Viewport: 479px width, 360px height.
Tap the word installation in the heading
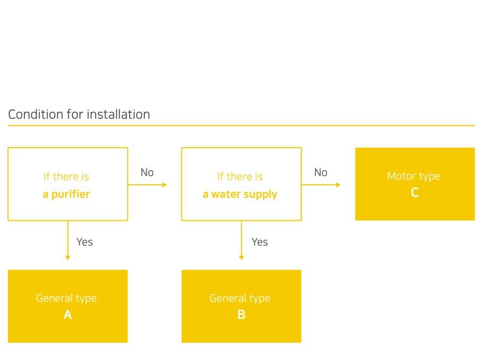point(118,114)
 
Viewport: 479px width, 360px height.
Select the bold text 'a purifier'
point(66,194)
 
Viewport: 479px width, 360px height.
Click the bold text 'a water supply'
point(240,194)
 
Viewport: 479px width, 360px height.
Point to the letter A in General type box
point(67,314)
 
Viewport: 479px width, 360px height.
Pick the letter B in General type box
point(241,314)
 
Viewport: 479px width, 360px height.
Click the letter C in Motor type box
point(414,192)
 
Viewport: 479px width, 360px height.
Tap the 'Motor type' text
point(414,176)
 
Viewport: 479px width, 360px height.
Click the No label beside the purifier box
point(147,173)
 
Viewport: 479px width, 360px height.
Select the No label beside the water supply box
point(321,173)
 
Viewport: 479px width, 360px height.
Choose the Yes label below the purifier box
point(85,242)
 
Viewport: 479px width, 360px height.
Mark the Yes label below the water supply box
point(260,242)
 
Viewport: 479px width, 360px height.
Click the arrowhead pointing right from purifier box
point(164,185)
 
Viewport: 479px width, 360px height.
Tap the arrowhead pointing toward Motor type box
point(338,185)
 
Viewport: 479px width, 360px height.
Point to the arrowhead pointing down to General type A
point(68,258)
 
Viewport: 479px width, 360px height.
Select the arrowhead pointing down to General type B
point(241,258)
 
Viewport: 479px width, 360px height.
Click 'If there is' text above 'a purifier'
point(66,176)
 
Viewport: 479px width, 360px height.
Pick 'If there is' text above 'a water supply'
point(240,176)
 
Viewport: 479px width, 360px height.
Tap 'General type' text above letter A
point(66,298)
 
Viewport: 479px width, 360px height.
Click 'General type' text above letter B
point(240,298)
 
